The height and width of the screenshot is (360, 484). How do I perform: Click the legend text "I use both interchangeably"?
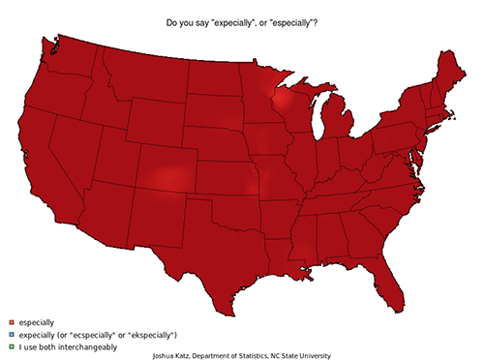(x=62, y=345)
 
